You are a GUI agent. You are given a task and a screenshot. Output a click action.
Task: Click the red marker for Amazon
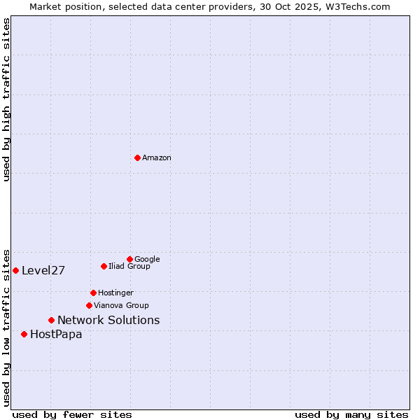[137, 157]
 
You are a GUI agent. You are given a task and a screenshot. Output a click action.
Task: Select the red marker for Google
[129, 259]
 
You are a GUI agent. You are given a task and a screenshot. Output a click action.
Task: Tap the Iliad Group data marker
[104, 266]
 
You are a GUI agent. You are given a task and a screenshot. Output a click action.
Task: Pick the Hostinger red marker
[93, 293]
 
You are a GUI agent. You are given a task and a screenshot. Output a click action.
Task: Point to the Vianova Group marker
[89, 305]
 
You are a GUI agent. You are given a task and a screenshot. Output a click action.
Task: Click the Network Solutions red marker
[51, 320]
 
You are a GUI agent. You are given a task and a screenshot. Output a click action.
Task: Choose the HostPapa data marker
[24, 334]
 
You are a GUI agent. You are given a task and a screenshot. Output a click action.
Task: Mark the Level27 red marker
[15, 270]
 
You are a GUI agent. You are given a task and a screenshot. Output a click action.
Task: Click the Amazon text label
[157, 158]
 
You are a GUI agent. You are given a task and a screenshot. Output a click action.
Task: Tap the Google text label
[147, 260]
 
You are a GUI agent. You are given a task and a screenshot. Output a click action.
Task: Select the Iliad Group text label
[129, 267]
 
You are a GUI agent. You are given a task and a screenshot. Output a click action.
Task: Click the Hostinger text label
[115, 293]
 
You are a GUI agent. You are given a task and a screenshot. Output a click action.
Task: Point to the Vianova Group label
[121, 306]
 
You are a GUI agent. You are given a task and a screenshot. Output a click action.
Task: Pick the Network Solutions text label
[108, 321]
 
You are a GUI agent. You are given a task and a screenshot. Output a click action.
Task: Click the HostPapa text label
[56, 335]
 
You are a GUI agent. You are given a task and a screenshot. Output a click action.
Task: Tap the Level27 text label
[43, 271]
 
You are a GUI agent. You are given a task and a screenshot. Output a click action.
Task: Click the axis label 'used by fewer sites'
[72, 415]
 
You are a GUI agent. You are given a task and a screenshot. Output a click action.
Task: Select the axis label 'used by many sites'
[351, 415]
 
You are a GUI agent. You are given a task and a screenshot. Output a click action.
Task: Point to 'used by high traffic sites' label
[6, 99]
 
